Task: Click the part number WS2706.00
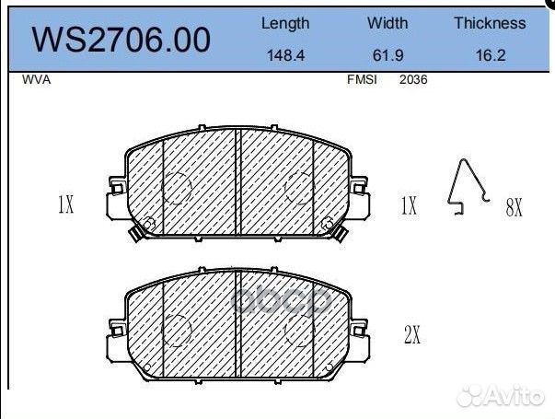pyautogui.click(x=121, y=40)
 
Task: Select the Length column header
pyautogui.click(x=285, y=24)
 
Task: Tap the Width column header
pyautogui.click(x=387, y=24)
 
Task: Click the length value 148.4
pyautogui.click(x=285, y=55)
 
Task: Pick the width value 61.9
pyautogui.click(x=387, y=55)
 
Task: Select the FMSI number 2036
pyautogui.click(x=413, y=80)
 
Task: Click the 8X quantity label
pyautogui.click(x=514, y=208)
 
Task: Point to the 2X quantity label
pyautogui.click(x=411, y=336)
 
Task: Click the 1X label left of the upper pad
pyautogui.click(x=64, y=205)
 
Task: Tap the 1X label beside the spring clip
pyautogui.click(x=409, y=205)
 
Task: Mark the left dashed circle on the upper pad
pyautogui.click(x=177, y=189)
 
